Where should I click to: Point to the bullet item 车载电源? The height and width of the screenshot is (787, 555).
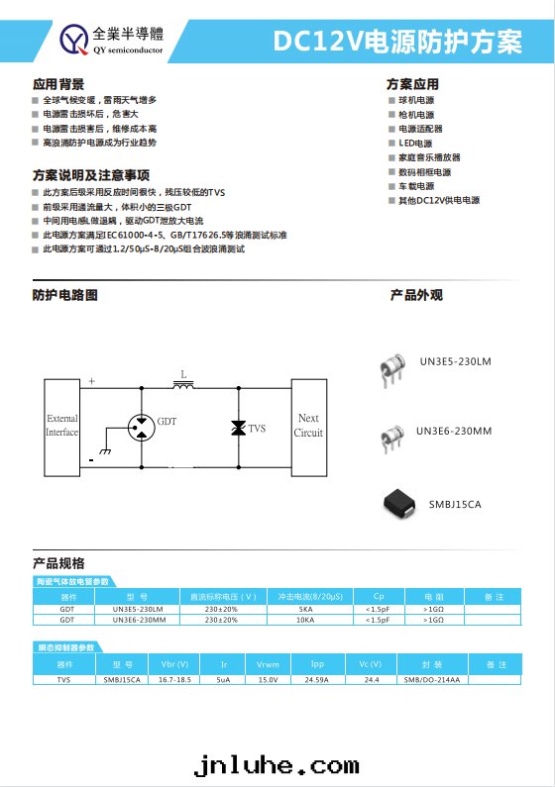[x=416, y=186]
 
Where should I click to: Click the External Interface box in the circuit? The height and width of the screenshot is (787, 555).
[x=61, y=426]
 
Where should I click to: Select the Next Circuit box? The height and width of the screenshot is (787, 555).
[x=308, y=426]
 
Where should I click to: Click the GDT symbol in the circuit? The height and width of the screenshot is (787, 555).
[x=143, y=422]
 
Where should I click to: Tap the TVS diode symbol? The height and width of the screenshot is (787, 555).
[x=238, y=427]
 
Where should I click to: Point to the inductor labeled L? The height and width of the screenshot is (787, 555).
[x=183, y=384]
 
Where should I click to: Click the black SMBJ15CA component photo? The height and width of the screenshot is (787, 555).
[x=402, y=504]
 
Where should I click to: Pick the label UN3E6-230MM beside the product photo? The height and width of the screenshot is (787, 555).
[x=454, y=431]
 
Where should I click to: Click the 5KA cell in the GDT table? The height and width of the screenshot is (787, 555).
[x=305, y=608]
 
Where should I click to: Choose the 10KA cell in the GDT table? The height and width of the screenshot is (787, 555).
[x=305, y=620]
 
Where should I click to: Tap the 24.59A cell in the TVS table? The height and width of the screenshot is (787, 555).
[x=317, y=680]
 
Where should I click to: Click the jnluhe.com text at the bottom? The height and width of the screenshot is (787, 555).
[x=277, y=764]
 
